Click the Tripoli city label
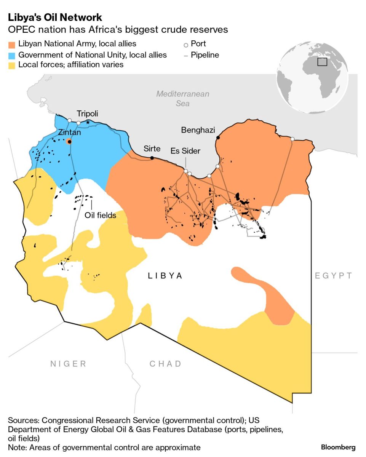click(x=87, y=113)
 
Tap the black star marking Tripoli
click(x=88, y=122)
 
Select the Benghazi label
click(x=198, y=130)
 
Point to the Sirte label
click(x=152, y=149)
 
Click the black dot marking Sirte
click(x=152, y=158)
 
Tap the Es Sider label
click(x=185, y=151)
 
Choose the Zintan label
click(x=69, y=133)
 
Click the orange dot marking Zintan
click(x=69, y=142)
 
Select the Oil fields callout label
click(x=101, y=215)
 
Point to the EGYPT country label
click(x=333, y=276)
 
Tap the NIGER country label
click(x=69, y=364)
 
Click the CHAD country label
click(x=165, y=364)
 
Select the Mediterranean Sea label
click(x=183, y=98)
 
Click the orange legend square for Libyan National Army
click(x=12, y=44)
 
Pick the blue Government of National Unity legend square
click(x=12, y=55)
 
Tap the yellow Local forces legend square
click(x=12, y=65)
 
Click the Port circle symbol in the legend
click(x=186, y=45)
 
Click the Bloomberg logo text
click(x=338, y=447)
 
